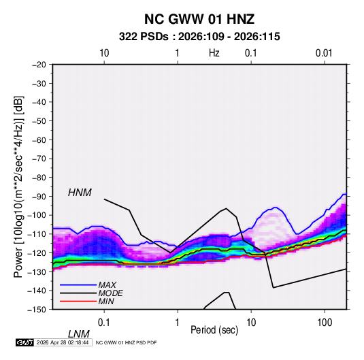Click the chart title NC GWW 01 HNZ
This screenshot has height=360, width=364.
[x=199, y=19]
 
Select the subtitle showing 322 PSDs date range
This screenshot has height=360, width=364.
[x=199, y=37]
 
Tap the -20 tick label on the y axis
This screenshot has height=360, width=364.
[x=39, y=65]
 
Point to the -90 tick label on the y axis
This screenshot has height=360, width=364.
[x=39, y=196]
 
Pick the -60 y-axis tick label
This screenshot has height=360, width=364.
[x=39, y=140]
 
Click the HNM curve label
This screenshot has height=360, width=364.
[x=80, y=193]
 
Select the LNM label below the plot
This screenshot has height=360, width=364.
[x=78, y=334]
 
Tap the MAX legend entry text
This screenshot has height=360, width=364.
[x=107, y=284]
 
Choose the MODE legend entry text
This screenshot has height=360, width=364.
[x=110, y=293]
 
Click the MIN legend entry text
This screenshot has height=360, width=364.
[x=106, y=301]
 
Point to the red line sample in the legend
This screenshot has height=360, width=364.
[x=78, y=301]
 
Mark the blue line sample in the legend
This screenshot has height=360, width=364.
[x=78, y=284]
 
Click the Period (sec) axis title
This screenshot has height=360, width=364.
[x=214, y=330]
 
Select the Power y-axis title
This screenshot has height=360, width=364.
[x=18, y=187]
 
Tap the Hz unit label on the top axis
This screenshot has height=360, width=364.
[x=214, y=53]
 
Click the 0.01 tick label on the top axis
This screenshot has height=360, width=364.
[x=324, y=53]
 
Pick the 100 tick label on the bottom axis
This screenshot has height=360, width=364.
[x=325, y=323]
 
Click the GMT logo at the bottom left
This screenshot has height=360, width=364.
[x=24, y=342]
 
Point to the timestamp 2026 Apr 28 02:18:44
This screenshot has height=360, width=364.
[x=63, y=342]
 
